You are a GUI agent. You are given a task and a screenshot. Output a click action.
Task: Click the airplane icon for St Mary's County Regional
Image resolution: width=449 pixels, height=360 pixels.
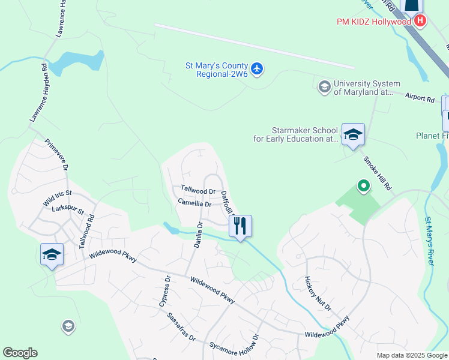258,69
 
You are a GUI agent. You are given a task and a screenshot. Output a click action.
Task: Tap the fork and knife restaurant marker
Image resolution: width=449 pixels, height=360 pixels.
240,226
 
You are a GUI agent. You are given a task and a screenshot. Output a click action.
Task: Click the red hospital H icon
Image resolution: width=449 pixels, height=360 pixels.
420,20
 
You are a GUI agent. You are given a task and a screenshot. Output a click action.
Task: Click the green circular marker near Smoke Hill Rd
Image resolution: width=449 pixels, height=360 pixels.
363,187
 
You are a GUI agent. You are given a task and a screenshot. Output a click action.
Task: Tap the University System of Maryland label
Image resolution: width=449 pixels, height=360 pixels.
367,88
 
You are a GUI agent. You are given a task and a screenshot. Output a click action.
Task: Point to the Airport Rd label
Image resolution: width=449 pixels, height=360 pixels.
419,97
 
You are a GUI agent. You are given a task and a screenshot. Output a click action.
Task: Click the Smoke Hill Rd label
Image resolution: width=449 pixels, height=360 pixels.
377,174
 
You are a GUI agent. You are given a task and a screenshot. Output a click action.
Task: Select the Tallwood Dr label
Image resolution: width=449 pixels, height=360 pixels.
198,190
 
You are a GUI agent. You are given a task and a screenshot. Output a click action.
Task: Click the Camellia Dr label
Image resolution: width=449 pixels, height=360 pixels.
194,203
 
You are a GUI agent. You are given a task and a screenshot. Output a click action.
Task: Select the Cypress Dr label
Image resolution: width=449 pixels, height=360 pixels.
164,292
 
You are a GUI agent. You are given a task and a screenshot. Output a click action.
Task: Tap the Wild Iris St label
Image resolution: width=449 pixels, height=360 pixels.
57,199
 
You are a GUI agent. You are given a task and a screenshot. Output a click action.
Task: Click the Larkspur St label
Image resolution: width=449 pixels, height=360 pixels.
68,211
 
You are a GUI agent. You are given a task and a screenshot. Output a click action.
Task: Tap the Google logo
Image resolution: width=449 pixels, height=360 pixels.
20,353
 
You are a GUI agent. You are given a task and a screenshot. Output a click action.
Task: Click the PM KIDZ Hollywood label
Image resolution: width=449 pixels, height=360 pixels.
373,22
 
